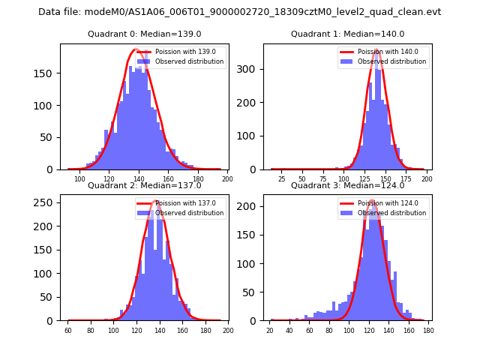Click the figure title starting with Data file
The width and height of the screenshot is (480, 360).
240,12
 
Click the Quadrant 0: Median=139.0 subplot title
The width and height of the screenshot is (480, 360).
144,34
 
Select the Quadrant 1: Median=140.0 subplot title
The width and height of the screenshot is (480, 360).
347,34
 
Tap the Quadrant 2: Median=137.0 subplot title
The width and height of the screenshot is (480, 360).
144,185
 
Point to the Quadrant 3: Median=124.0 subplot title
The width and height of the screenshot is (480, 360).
347,185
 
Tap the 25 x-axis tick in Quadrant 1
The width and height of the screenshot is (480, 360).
282,179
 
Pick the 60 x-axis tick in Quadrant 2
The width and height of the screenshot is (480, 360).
67,331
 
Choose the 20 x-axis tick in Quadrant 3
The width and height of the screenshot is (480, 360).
270,331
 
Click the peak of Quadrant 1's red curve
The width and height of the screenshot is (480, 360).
377,51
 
